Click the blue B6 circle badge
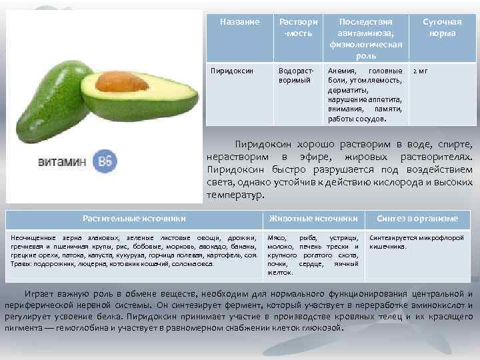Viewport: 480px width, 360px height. coord(104,162)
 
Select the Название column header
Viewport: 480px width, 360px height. coord(239,22)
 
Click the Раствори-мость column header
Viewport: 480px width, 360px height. coord(297,27)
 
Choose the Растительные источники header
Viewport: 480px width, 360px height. coord(134,218)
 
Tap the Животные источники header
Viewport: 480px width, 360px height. coord(313,218)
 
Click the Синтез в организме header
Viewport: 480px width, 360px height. coord(417,218)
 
